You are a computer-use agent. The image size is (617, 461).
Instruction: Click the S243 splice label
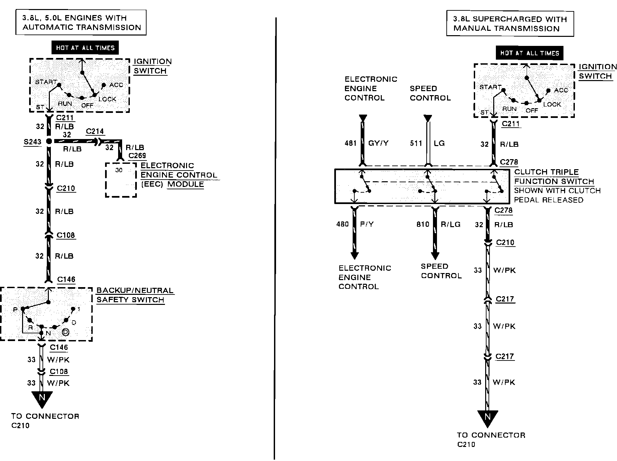[x=32, y=142]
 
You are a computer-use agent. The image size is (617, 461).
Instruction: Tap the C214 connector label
[x=95, y=131]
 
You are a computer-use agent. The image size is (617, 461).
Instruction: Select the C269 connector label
[x=137, y=155]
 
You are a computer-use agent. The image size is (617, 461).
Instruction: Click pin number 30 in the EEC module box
[x=119, y=170]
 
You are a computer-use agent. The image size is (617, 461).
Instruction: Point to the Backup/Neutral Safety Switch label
[x=135, y=295]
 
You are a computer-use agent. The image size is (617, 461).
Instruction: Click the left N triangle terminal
[x=42, y=399]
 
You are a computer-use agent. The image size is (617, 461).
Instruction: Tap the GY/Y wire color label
[x=378, y=143]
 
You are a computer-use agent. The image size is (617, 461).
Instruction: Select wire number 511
[x=416, y=143]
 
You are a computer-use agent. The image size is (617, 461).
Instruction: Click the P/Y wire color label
[x=367, y=224]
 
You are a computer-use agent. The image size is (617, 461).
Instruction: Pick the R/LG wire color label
[x=450, y=224]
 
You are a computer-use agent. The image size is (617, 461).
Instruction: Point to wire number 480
[x=342, y=224]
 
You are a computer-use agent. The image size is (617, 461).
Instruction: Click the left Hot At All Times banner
[x=85, y=48]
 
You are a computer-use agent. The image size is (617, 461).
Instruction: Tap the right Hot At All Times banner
[x=529, y=53]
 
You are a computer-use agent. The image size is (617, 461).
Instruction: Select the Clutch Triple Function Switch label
[x=554, y=177]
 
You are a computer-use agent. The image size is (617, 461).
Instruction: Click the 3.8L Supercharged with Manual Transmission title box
[x=510, y=24]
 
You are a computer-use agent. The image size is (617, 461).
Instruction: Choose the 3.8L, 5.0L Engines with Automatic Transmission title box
[x=81, y=22]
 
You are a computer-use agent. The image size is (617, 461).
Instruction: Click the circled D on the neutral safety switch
[x=66, y=332]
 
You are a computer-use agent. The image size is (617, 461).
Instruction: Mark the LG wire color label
[x=439, y=143]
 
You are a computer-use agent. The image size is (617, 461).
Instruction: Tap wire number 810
[x=423, y=224]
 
